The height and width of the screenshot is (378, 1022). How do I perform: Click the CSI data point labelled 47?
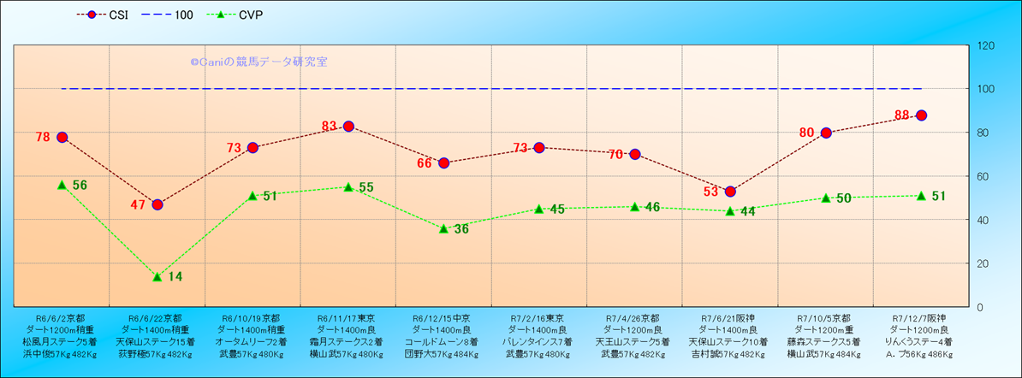coord(157,204)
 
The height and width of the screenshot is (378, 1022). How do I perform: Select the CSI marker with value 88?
coord(921,115)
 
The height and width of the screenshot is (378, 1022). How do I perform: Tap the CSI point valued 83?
coord(348,127)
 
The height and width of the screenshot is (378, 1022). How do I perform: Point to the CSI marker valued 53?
coord(730,192)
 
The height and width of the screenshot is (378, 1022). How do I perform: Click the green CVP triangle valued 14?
coord(157,276)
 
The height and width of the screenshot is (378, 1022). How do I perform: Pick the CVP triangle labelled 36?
coord(443,228)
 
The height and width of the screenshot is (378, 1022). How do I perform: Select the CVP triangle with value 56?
coord(62,185)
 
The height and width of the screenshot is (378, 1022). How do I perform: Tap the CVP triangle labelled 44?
coord(730,211)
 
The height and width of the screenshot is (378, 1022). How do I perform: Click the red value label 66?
coord(425,163)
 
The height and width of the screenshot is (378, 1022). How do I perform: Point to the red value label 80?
coord(806,133)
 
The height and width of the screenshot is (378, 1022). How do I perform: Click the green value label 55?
coord(366,187)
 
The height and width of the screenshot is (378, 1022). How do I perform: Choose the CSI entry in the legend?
coord(104,15)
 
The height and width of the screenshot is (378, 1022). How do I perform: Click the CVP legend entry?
coord(239,15)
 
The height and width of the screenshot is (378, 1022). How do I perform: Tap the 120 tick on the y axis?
coord(986,45)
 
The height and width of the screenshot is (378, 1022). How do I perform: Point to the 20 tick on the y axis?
coord(983,263)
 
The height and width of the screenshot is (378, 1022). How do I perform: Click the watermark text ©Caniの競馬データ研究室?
coord(258,62)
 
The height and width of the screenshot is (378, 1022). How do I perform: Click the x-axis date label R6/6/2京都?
coord(61,318)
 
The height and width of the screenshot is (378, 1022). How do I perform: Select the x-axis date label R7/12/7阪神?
coord(921,318)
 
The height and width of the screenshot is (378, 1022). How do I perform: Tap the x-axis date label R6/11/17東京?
coord(348,318)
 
